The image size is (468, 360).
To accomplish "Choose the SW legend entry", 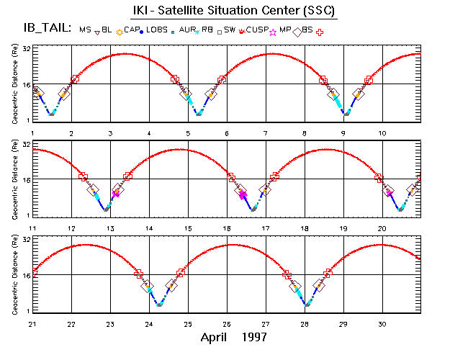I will (x=230, y=29).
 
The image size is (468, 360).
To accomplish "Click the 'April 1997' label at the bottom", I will (x=234, y=336).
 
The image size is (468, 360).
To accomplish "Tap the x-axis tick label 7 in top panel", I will (x=266, y=134).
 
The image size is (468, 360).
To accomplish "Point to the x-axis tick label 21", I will (x=32, y=323).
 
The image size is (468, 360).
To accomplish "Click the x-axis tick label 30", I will (x=382, y=323).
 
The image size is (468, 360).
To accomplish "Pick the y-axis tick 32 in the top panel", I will (x=25, y=48).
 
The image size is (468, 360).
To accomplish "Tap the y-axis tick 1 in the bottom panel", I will (x=27, y=310).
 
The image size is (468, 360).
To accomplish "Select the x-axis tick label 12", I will (x=71, y=228).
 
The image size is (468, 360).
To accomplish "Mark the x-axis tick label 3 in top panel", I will (x=110, y=134).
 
